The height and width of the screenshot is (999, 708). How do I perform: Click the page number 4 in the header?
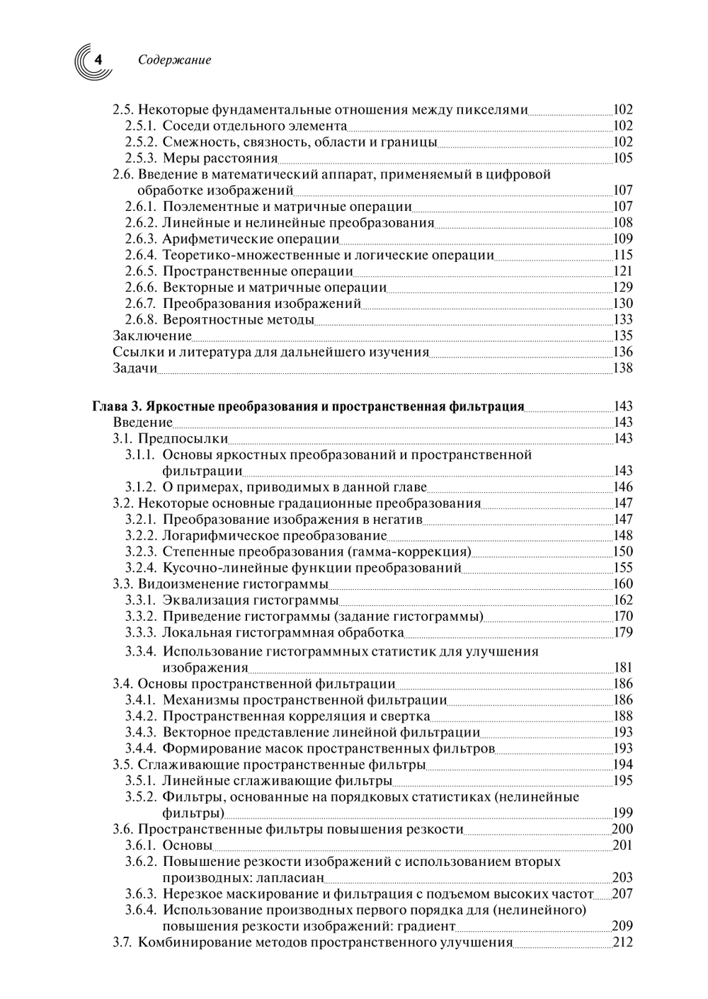pos(98,60)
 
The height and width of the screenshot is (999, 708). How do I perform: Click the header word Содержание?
pos(174,60)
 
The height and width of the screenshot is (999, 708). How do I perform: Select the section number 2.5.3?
pos(141,158)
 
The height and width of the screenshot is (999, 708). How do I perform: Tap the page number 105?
pos(623,158)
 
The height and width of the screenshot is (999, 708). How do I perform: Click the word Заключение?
pos(152,336)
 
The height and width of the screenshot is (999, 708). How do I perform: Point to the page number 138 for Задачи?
pos(623,368)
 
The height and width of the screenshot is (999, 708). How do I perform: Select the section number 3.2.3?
pos(141,552)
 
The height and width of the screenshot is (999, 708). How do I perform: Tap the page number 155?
pos(623,568)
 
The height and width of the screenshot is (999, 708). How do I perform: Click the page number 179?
pos(623,632)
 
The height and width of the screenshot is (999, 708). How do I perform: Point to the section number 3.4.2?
pos(141,716)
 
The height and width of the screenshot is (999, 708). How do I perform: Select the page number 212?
pos(623,942)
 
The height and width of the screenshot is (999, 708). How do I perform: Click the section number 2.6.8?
pos(141,320)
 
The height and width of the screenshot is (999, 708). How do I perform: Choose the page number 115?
pos(623,255)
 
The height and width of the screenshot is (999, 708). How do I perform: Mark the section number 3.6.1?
pos(141,845)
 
